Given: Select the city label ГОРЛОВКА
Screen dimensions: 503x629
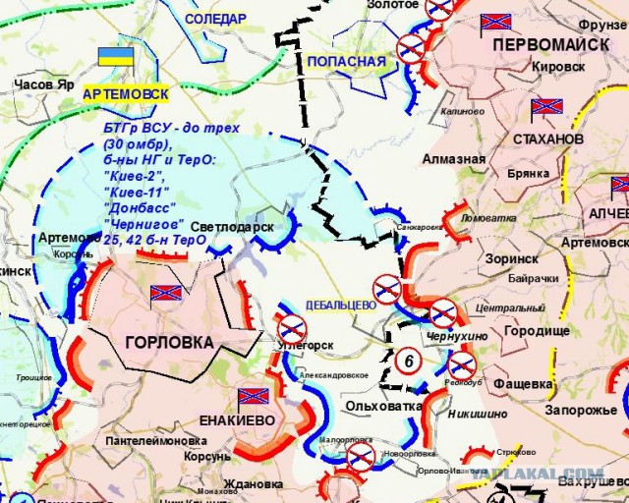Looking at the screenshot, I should pyautogui.click(x=168, y=343).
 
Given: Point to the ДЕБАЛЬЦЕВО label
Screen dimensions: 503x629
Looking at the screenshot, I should pyautogui.click(x=341, y=306).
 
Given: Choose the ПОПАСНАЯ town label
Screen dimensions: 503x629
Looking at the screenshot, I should pyautogui.click(x=347, y=62).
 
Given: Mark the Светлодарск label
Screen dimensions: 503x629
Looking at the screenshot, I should pyautogui.click(x=232, y=226).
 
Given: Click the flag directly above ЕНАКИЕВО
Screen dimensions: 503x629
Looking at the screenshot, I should pyautogui.click(x=253, y=395).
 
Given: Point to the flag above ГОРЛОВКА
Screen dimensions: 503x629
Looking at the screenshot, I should pyautogui.click(x=166, y=293).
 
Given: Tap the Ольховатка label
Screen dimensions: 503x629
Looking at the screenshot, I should pyautogui.click(x=382, y=405).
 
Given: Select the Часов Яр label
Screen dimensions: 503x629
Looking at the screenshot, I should pyautogui.click(x=44, y=85).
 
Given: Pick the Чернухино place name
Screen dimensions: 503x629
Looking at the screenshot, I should pyautogui.click(x=455, y=337).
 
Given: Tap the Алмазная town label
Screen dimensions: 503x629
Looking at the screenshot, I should pyautogui.click(x=454, y=159).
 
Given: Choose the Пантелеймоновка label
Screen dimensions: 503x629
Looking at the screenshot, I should pyautogui.click(x=142, y=441).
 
